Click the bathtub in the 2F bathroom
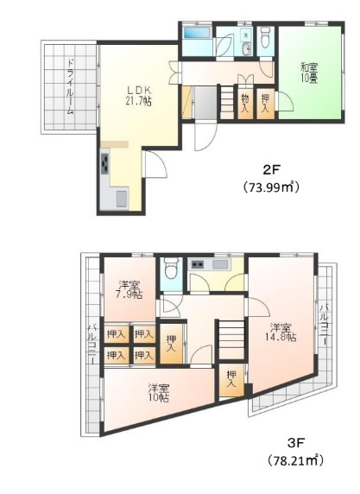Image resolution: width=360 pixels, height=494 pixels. (197, 33)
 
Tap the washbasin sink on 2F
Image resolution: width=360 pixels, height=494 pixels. (247, 47)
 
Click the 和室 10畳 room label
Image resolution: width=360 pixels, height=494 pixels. (309, 73)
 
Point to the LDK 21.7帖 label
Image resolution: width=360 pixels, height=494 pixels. (139, 96)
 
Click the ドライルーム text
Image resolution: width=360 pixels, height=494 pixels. (71, 86)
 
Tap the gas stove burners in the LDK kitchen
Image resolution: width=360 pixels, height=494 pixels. (105, 163)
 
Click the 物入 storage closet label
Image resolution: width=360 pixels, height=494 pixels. (245, 104)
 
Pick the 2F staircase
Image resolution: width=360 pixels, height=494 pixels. (226, 102)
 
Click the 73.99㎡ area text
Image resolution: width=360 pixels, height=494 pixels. (271, 187)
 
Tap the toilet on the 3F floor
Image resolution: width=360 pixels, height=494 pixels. (171, 269)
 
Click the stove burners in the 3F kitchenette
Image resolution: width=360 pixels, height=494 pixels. (196, 264)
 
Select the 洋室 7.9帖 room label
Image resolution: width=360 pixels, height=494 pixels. (129, 290)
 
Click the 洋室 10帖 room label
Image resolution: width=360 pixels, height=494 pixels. (159, 393)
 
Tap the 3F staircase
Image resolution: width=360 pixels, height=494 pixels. (231, 339)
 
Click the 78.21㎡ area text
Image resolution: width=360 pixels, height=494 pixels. (296, 461)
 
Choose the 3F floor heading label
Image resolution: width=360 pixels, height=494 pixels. (296, 444)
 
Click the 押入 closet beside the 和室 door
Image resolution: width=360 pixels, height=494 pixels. (266, 104)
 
